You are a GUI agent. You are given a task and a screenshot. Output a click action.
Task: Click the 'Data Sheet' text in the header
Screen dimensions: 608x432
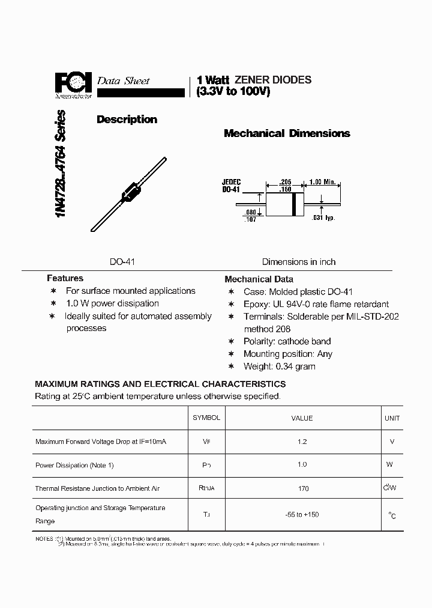click(x=123, y=81)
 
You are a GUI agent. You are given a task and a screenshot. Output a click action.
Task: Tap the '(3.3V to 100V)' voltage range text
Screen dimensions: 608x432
click(x=233, y=93)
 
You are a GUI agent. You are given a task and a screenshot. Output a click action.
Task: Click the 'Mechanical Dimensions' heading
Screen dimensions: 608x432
click(x=287, y=133)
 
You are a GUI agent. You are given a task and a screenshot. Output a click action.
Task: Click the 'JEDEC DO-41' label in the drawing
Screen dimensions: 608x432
click(x=232, y=185)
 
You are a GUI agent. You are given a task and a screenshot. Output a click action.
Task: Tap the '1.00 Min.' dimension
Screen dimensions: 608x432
click(x=326, y=182)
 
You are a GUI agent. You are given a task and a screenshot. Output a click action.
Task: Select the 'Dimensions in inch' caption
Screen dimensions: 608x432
click(x=299, y=262)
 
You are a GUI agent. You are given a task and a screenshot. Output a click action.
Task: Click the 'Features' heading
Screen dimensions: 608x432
click(x=65, y=278)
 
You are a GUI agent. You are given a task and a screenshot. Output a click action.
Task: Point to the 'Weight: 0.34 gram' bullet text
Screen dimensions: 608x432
click(x=279, y=366)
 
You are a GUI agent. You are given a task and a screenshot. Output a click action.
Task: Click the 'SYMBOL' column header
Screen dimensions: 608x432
click(x=206, y=418)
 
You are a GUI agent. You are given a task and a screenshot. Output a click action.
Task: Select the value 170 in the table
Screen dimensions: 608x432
click(x=303, y=488)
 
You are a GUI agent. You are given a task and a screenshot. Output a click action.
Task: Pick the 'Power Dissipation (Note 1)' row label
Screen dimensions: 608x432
click(x=74, y=465)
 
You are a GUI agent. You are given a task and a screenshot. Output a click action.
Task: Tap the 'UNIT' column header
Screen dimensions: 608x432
click(x=392, y=418)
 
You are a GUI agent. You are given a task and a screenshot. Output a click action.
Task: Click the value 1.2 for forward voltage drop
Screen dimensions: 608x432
click(x=302, y=442)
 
